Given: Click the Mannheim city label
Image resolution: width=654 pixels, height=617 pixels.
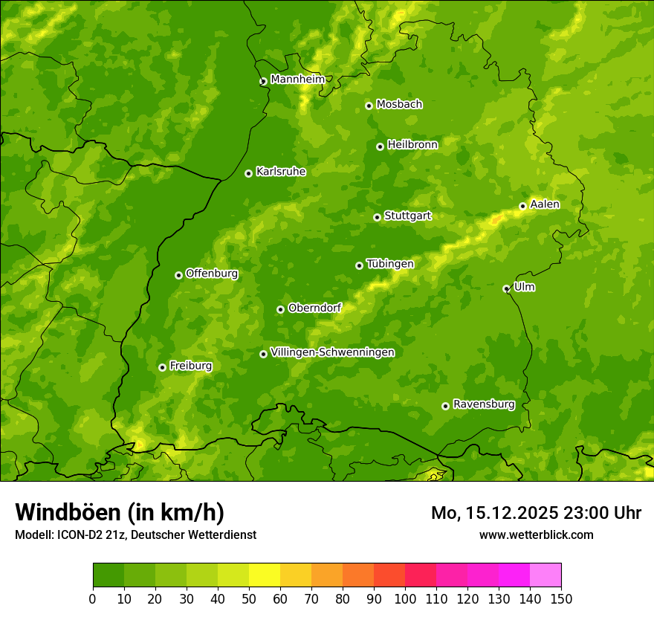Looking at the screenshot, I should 297,80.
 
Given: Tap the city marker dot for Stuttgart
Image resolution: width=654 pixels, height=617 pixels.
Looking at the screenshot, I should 377,217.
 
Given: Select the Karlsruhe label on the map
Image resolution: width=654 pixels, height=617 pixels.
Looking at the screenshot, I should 281,172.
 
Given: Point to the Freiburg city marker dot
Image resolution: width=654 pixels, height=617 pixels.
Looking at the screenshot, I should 162,367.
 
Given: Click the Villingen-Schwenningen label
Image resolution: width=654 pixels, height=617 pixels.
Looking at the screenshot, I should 332,352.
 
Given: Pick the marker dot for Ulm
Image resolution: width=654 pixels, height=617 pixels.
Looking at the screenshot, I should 506,288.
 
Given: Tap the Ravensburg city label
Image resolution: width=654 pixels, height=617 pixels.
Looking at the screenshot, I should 483,404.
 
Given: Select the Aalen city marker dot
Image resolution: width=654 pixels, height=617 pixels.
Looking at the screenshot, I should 522,206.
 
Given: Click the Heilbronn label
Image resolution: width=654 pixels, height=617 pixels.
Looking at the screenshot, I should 412,145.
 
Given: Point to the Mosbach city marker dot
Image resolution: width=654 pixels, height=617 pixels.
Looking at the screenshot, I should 369,106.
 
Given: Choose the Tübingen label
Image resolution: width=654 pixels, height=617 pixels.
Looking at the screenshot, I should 390,264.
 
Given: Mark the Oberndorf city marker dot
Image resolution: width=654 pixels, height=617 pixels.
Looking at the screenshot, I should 280,309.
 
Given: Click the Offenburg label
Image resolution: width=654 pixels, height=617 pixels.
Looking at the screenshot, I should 212,274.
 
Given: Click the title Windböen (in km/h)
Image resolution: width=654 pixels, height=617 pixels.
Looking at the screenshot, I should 120,512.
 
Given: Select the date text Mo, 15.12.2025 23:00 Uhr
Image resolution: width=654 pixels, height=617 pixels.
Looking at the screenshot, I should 536,513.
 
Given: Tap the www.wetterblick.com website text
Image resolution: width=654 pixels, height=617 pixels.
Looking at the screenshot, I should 536,534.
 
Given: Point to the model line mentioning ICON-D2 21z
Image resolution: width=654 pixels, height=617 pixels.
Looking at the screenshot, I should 135,534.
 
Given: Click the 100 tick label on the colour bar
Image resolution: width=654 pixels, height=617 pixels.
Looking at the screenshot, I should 405,598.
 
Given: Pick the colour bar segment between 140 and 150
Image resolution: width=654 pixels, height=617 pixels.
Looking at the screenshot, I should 545,575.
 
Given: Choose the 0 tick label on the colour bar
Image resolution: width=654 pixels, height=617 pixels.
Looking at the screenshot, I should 92,598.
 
